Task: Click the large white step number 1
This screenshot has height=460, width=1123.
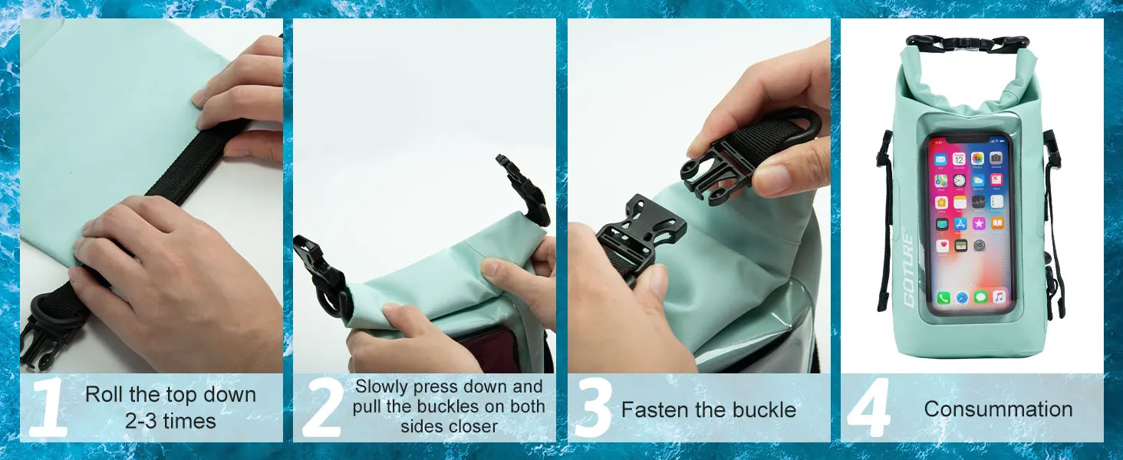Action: pyautogui.click(x=48, y=408)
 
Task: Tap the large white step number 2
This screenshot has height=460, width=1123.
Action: pyautogui.click(x=322, y=408)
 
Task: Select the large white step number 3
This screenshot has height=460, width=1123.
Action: pyautogui.click(x=593, y=408)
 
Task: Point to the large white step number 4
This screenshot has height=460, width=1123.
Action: pyautogui.click(x=869, y=408)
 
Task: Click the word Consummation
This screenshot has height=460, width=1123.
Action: pyautogui.click(x=998, y=409)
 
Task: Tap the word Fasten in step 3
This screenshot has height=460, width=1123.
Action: pyautogui.click(x=653, y=410)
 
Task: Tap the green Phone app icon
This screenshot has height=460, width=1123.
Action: pyautogui.click(x=944, y=298)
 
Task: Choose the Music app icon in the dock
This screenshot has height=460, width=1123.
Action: pyautogui.click(x=1000, y=297)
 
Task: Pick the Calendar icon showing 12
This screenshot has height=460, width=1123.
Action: pyautogui.click(x=959, y=159)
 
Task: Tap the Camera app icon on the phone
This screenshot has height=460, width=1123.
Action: pyautogui.click(x=996, y=158)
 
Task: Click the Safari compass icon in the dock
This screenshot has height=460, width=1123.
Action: pyautogui.click(x=962, y=297)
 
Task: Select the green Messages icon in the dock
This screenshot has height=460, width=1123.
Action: pyautogui.click(x=980, y=297)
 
